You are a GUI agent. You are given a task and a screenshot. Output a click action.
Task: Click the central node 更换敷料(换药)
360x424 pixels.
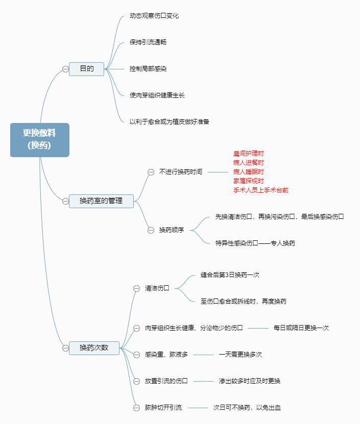(x=39, y=139)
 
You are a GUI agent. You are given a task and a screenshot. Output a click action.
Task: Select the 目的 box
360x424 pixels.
(x=86, y=68)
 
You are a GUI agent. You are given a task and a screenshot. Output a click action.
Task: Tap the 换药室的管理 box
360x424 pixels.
(x=101, y=201)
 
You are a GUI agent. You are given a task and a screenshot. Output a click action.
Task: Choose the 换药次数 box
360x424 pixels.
(x=93, y=348)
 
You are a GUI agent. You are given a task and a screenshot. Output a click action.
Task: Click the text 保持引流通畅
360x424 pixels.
(x=148, y=42)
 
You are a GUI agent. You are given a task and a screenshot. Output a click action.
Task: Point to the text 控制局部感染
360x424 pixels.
(x=148, y=68)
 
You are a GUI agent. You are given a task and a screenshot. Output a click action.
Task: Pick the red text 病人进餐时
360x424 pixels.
(x=249, y=162)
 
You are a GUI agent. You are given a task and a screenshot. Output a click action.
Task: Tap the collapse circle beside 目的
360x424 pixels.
(x=65, y=69)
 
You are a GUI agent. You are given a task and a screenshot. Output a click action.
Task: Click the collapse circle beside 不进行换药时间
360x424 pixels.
(x=151, y=172)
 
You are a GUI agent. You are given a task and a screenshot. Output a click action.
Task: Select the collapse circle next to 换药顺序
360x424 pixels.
(x=151, y=230)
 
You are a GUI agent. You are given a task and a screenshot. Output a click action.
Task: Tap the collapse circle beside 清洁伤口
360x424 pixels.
(x=136, y=288)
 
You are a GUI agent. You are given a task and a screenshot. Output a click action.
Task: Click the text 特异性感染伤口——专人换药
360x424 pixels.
(x=255, y=243)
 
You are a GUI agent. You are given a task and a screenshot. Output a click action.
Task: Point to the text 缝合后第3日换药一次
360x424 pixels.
(x=230, y=275)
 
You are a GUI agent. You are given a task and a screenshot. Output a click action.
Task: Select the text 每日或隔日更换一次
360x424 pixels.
(x=301, y=328)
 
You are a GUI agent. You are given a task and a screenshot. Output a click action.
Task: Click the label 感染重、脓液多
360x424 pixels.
(x=166, y=354)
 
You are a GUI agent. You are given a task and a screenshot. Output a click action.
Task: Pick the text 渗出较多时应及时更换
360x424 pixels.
(x=250, y=381)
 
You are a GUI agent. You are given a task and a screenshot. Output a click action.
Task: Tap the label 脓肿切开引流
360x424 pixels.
(x=163, y=407)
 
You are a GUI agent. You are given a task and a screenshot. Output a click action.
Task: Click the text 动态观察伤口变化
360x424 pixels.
(x=154, y=15)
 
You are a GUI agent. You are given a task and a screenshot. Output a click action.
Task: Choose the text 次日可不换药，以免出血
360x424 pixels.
(x=247, y=407)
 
